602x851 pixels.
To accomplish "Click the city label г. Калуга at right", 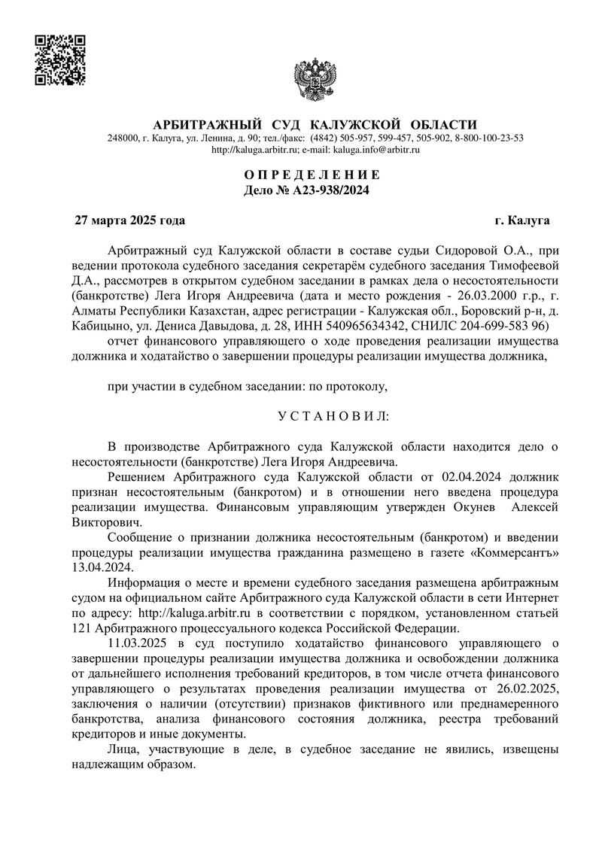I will (521, 220).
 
